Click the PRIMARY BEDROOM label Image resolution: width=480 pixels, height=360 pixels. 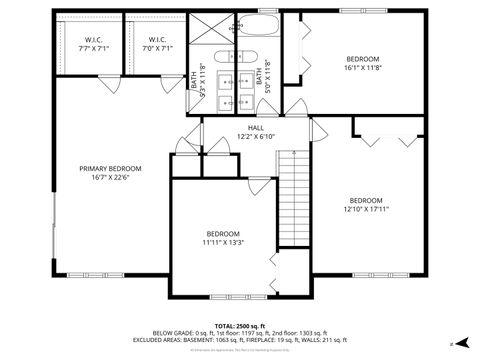coord(110,168)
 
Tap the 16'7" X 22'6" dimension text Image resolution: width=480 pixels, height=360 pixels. coord(110,179)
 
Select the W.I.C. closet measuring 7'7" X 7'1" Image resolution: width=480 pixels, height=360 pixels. coord(88,44)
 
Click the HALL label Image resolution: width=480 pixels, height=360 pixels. coord(256,128)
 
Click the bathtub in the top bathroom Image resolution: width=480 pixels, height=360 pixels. coord(260,26)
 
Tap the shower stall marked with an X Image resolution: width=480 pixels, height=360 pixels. coord(211,30)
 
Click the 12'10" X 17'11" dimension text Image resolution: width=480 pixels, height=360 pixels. coord(365,209)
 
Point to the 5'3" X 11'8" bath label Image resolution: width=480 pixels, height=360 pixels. coord(198,75)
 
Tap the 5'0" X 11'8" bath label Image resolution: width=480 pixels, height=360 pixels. coord(261,75)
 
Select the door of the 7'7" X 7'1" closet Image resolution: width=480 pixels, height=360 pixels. coord(103,85)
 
